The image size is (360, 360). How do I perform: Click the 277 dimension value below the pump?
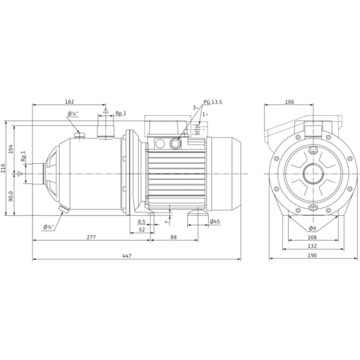tap(91, 238)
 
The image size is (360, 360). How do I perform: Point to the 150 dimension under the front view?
tap(312, 247)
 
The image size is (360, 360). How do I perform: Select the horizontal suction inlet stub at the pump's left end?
tap(41, 172)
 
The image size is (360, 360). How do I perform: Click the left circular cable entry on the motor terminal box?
tap(160, 144)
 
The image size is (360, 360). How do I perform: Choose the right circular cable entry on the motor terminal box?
tap(175, 144)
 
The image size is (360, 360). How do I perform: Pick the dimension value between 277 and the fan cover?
tap(173, 238)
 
